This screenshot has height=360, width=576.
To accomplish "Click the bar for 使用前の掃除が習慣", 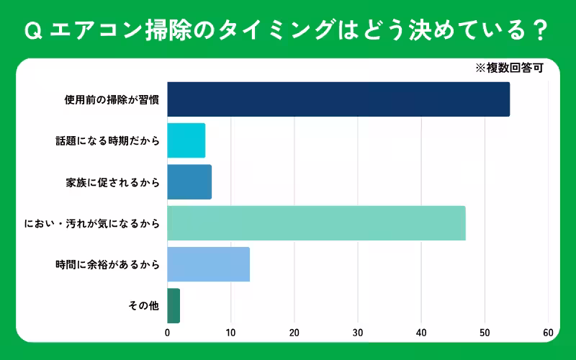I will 338,99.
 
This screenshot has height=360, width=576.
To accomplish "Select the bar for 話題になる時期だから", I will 186,140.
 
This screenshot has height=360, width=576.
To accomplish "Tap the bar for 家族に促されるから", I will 189,182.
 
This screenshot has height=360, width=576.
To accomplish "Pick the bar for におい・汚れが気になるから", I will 316,223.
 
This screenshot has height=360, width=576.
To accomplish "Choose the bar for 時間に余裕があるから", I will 208,264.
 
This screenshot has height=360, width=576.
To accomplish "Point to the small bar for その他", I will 174,305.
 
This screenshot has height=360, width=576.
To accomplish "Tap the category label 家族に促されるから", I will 112,182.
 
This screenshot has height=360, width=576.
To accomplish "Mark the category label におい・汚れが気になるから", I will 91,223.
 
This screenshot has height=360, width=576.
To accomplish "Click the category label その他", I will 144,305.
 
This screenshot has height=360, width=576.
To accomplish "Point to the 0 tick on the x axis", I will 168,333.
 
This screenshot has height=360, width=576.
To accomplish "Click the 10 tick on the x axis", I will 231,333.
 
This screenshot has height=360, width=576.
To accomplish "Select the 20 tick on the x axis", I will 294,333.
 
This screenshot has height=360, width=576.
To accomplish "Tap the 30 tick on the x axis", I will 358,333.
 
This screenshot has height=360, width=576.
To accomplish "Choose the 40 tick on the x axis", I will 421,333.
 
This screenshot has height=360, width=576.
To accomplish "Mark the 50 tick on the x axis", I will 485,333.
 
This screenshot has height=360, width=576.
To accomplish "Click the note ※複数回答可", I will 508,69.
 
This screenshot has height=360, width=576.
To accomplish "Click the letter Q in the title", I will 31,31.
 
